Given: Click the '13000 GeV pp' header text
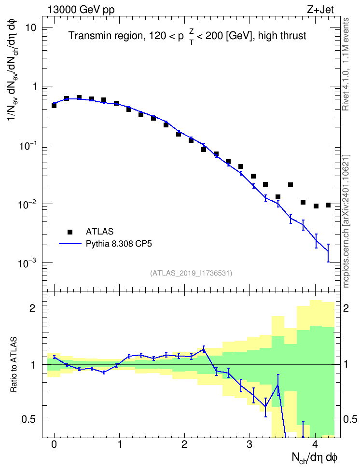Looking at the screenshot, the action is click(81, 10).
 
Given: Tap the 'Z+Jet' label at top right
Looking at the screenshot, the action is click(320, 10).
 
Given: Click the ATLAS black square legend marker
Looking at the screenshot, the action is click(70, 232).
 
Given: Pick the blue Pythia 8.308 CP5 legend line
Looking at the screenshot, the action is click(70, 244).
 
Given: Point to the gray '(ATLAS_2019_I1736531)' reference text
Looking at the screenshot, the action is click(191, 273).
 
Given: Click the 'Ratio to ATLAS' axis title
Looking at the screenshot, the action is click(14, 364).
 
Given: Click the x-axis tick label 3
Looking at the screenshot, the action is click(249, 444).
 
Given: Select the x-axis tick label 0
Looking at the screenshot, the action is click(54, 444).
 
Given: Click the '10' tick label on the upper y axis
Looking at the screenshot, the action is click(30, 28).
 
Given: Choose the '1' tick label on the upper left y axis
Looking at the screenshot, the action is click(34, 86).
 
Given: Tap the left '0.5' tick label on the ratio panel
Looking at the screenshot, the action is click(28, 420).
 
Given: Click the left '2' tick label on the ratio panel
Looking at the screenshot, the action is click(32, 308).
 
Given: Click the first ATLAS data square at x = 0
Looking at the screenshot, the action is click(54, 106).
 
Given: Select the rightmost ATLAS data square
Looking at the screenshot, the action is click(328, 205).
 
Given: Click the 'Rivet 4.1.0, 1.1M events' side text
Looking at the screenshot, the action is click(346, 64).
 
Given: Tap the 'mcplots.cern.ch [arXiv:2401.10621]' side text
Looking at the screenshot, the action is click(346, 221).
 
